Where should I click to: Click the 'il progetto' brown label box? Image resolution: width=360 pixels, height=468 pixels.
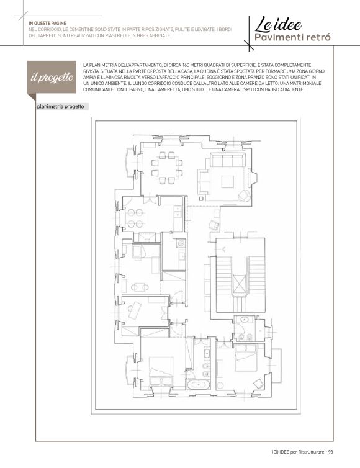pos(52,77)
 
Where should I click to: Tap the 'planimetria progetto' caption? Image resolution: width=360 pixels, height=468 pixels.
pos(61,107)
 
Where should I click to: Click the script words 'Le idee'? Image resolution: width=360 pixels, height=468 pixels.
pos(278,24)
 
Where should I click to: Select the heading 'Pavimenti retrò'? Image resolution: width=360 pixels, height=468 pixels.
pos(292,38)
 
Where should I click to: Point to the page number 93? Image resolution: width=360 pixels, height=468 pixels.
pos(330,452)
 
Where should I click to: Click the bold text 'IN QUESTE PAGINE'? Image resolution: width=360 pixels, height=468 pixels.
pos(47,24)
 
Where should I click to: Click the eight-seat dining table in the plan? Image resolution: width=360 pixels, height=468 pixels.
pos(167,168)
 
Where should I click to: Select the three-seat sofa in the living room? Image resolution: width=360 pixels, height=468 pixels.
pos(227,160)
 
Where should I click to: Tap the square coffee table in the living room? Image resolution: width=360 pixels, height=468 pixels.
pos(228,182)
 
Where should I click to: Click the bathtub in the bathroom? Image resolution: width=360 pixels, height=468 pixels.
pos(199,384)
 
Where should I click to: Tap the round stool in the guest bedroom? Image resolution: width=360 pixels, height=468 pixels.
pos(220,385)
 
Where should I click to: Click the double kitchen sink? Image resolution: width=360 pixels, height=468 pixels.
pos(178,211)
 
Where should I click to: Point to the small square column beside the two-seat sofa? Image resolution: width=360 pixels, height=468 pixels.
pos(200,198)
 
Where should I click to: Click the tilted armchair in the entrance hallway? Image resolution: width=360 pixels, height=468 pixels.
pos(214,225)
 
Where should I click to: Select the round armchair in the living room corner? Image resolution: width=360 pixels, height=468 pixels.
pos(245,196)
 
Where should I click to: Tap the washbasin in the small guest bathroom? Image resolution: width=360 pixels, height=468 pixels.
pos(244,320)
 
